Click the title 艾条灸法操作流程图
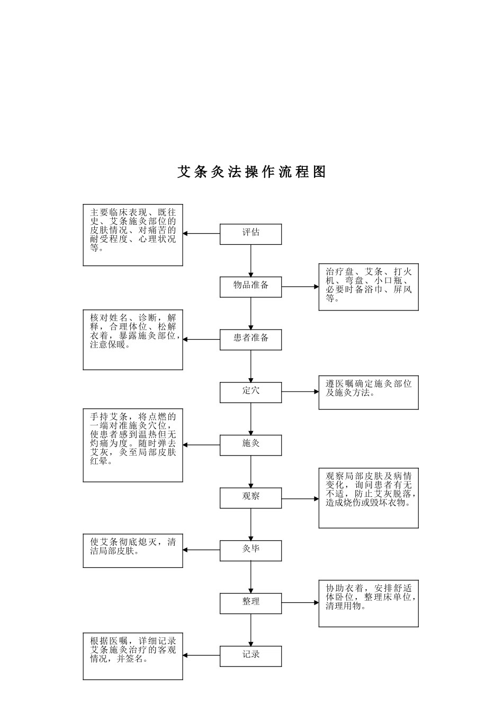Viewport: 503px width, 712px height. [x=251, y=172]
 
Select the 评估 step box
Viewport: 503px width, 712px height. [x=250, y=234]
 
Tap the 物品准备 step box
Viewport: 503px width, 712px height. [x=250, y=287]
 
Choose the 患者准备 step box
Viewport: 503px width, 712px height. [x=250, y=340]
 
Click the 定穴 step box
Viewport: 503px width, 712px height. [x=250, y=392]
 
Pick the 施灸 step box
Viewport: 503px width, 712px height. [x=250, y=445]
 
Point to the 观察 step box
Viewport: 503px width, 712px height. [x=250, y=498]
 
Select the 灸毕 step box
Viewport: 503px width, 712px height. [x=250, y=550]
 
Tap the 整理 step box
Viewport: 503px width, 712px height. [x=250, y=603]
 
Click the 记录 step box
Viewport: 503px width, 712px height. [x=250, y=656]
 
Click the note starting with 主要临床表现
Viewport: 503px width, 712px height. [x=133, y=235]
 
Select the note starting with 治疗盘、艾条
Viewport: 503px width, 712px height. [x=369, y=287]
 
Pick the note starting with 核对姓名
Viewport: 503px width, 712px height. [x=133, y=340]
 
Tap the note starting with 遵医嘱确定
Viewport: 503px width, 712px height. [x=369, y=393]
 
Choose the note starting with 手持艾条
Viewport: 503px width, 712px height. [x=133, y=445]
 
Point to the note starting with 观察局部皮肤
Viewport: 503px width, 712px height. [x=369, y=498]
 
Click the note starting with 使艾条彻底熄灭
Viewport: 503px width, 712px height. [x=133, y=551]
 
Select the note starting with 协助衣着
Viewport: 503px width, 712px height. [x=369, y=603]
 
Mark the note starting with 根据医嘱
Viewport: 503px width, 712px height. [x=133, y=656]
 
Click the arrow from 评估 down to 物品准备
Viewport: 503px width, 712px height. [x=251, y=260]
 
